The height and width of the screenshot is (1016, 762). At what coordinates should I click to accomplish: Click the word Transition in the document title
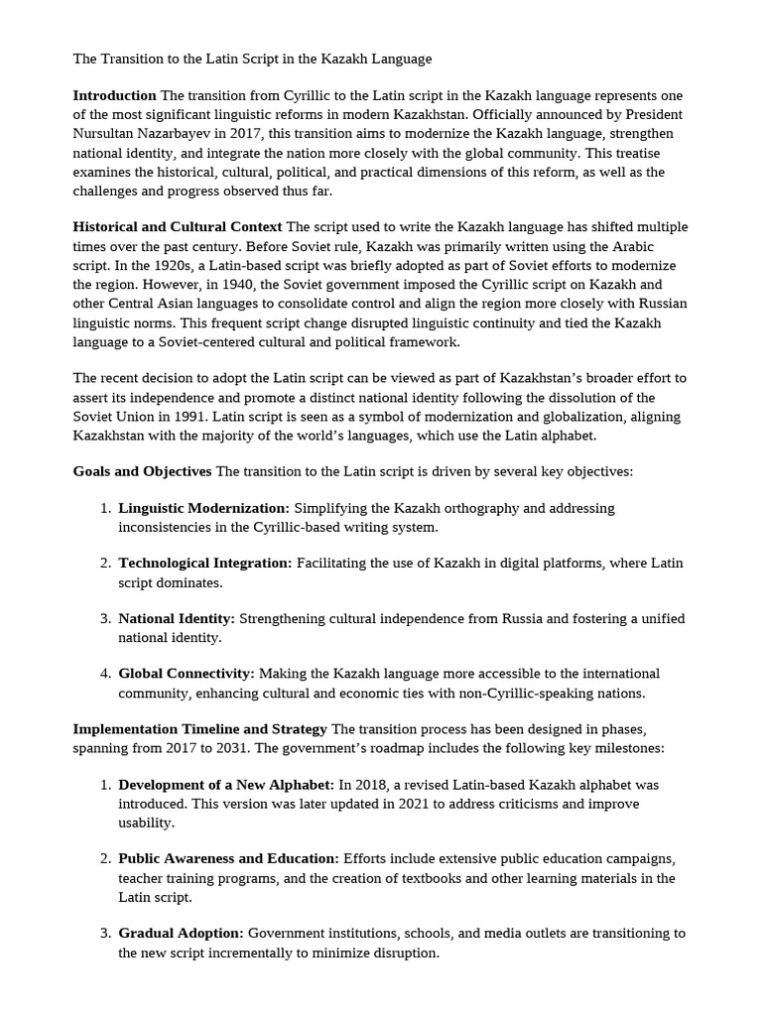click(x=133, y=59)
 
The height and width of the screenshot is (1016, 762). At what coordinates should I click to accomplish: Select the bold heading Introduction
click(x=114, y=95)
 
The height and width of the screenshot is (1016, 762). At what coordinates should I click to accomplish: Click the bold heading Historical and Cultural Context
click(x=177, y=227)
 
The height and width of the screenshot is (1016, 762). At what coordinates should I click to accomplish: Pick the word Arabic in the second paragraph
click(x=628, y=246)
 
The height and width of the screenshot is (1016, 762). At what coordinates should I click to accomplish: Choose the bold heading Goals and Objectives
click(x=142, y=471)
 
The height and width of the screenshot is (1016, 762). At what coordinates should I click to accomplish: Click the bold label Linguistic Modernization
click(x=203, y=508)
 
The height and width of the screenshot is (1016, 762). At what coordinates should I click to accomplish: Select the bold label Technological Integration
click(x=205, y=564)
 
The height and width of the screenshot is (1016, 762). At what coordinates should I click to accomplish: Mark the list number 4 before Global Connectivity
click(x=104, y=674)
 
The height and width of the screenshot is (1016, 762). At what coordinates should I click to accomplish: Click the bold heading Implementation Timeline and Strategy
click(x=199, y=729)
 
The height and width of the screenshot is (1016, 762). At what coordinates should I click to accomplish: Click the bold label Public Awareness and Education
click(x=228, y=858)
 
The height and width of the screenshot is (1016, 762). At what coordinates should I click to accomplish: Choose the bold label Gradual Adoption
click(x=181, y=934)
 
